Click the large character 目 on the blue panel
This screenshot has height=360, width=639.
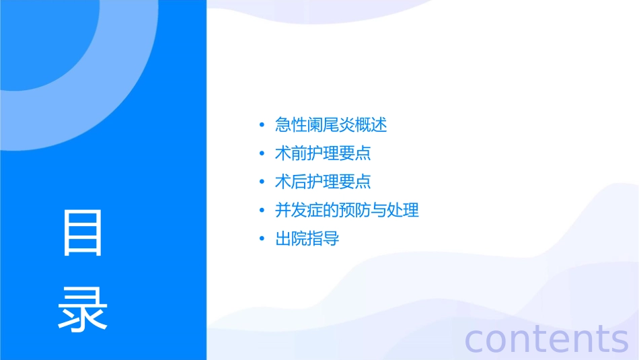[83, 233]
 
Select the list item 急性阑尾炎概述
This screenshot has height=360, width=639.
[331, 125]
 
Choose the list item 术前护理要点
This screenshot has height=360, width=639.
[323, 153]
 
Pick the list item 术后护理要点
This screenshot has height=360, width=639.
[323, 182]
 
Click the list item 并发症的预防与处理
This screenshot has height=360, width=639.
[347, 210]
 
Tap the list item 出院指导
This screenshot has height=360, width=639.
[307, 238]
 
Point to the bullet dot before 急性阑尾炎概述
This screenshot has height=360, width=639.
[262, 125]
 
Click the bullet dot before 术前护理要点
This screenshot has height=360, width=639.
[262, 153]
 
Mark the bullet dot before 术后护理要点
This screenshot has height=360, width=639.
[262, 182]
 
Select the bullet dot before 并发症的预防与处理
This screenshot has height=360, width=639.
[262, 210]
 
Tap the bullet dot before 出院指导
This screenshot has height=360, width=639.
[262, 238]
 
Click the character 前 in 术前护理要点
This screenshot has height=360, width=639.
[299, 153]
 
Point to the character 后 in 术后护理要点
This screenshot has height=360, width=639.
[299, 182]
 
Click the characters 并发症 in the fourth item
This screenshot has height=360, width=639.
[299, 210]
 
